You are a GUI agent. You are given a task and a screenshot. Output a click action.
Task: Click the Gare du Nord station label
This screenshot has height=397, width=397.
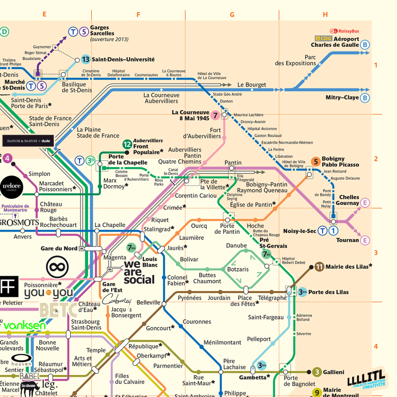59,248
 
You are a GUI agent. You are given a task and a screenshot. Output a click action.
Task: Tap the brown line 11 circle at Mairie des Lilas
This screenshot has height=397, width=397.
319,267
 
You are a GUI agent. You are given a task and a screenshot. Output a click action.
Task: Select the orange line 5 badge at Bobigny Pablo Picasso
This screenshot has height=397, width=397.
316,162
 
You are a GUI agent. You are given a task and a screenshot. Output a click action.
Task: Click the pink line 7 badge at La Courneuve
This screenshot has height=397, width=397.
215,115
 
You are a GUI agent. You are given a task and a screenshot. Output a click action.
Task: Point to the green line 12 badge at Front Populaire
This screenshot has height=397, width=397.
127,145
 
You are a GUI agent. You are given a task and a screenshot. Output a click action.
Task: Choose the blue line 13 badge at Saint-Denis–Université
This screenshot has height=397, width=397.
85,59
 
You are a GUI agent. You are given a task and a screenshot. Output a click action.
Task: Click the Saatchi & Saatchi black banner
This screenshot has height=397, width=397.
28,141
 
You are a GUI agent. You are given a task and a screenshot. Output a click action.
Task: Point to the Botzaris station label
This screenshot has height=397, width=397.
238,269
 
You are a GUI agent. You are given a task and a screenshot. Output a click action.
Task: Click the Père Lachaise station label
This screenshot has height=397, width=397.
234,364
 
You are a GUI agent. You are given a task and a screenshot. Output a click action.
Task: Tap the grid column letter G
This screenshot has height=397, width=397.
232,15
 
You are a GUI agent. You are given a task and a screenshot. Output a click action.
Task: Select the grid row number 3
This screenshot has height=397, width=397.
375,253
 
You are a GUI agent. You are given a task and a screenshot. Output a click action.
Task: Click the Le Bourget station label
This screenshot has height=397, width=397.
252,85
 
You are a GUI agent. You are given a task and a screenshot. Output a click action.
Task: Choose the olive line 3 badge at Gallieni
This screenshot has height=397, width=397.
317,372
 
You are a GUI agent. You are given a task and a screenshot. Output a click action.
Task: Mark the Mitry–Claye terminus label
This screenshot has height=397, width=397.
342,98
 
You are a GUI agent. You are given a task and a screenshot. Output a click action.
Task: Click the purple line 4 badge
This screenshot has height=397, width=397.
7,158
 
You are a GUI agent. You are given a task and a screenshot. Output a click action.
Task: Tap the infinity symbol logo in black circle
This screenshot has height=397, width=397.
57,267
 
